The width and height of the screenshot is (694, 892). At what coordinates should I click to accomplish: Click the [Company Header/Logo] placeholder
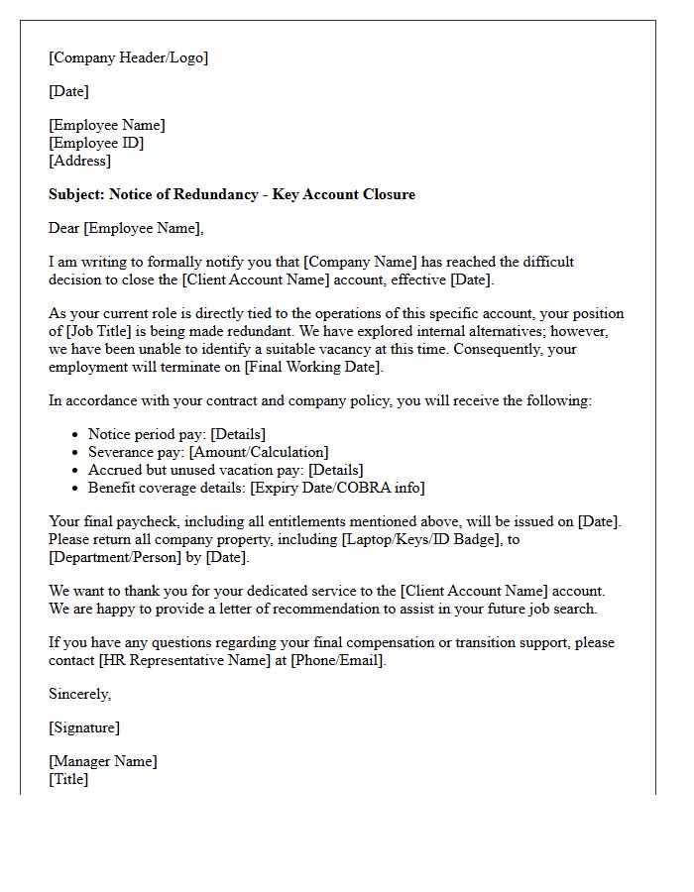[129, 57]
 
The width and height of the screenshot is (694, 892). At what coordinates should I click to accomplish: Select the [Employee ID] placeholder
[96, 143]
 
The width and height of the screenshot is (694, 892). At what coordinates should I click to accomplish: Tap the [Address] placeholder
[80, 161]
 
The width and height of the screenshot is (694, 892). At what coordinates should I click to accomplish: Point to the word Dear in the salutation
[64, 228]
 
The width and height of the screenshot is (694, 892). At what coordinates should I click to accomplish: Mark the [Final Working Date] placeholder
[313, 367]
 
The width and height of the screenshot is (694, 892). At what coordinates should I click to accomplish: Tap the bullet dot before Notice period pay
[76, 435]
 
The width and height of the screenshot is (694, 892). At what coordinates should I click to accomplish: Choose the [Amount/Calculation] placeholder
[259, 452]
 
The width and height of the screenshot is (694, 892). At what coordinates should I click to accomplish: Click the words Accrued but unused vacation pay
[196, 470]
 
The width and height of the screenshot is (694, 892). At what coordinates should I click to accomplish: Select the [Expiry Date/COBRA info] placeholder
[337, 488]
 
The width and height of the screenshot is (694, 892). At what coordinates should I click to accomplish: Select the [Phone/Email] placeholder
[337, 660]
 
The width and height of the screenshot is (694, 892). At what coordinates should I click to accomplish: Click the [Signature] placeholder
[84, 727]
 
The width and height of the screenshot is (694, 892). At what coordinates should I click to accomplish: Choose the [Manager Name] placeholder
[103, 761]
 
